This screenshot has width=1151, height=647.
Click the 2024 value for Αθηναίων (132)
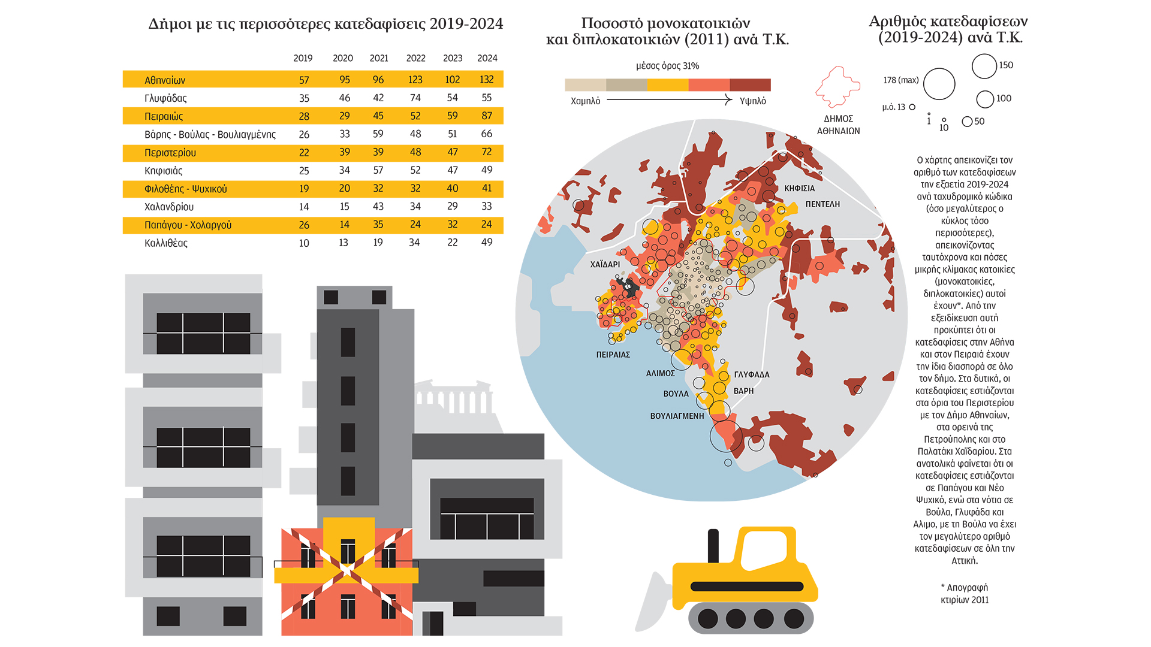486,80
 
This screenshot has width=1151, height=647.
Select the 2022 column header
415,58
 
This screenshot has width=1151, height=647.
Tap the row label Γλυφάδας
165,98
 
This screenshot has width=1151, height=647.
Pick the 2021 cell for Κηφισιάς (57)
378,170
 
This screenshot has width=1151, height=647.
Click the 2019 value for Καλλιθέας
304,243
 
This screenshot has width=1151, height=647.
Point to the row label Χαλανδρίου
169,207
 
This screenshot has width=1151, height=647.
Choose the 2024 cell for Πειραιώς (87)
486,116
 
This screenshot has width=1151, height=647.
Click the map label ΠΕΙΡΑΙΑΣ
613,355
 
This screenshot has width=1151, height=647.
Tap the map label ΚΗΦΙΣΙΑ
799,188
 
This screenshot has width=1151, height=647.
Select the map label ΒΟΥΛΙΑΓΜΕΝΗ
677,416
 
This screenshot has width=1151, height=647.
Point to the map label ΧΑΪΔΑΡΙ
605,264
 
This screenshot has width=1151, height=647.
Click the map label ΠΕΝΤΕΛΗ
822,204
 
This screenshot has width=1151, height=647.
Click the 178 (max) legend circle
939,84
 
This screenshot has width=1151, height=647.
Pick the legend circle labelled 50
967,122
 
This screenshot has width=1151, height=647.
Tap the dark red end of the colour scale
750,85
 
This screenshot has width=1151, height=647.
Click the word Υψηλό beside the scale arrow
752,101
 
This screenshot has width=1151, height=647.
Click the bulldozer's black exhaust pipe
713,546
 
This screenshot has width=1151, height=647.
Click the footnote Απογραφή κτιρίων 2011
965,594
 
